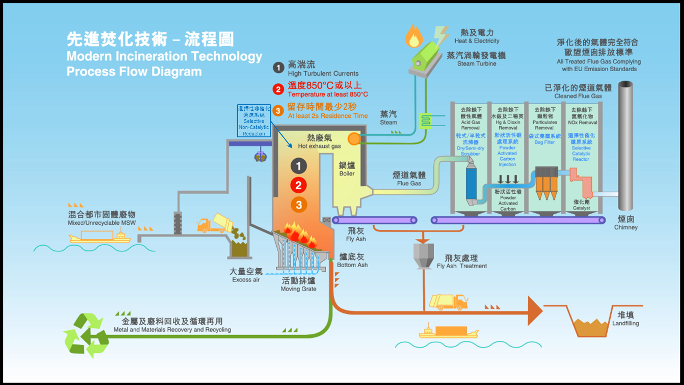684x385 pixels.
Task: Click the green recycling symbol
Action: coord(86,335)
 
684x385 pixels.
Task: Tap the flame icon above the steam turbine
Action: coord(413,36)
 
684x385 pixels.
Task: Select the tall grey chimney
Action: coord(625,147)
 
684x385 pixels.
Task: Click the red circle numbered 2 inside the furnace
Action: coord(299,185)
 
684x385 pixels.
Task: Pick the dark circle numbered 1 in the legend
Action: coord(278,68)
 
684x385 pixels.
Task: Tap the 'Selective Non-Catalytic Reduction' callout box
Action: coord(253,121)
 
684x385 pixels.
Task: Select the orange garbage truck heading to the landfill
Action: coord(448,302)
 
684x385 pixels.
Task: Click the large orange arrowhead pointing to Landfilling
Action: coord(535,311)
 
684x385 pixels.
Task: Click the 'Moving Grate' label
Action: coord(298,284)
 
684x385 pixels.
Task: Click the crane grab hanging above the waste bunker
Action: coord(260,156)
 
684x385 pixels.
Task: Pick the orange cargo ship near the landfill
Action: coord(448,331)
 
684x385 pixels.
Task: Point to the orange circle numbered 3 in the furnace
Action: coord(299,205)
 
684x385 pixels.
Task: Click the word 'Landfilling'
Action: coord(625,323)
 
